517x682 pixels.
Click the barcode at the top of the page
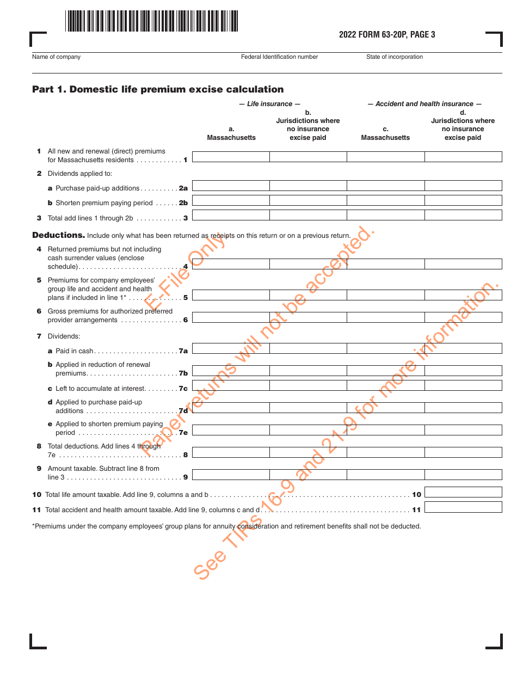(x=152, y=21)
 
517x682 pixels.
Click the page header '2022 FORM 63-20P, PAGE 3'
(x=387, y=35)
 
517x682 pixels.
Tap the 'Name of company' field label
(x=56, y=57)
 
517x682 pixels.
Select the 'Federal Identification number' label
(x=279, y=57)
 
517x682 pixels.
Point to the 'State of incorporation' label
(x=394, y=57)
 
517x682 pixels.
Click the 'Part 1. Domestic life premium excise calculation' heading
(x=158, y=89)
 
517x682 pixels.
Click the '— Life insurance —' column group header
(x=269, y=104)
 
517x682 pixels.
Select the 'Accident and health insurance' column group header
(x=424, y=104)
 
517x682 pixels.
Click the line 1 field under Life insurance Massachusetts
(x=231, y=157)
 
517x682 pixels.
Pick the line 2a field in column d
(x=463, y=186)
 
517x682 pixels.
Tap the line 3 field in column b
(x=308, y=215)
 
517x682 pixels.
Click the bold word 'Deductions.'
(x=58, y=235)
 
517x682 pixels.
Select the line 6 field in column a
(x=231, y=317)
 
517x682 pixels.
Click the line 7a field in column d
(x=463, y=348)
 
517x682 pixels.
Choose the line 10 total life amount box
(x=463, y=492)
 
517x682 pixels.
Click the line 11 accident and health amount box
(x=463, y=507)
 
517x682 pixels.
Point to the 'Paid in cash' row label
(x=74, y=351)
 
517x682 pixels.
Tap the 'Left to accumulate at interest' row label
(x=100, y=389)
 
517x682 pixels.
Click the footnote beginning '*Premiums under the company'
(x=226, y=526)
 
